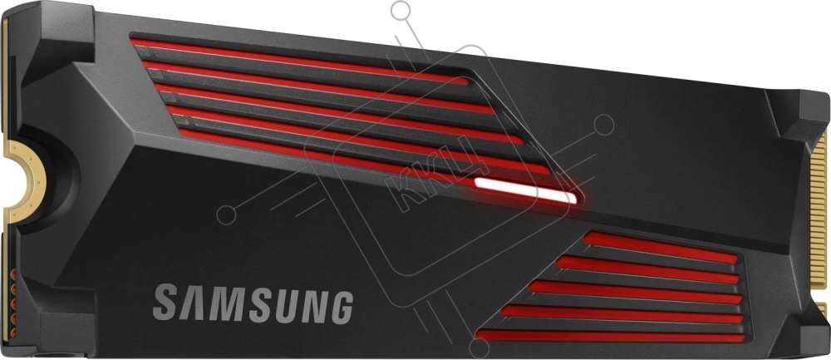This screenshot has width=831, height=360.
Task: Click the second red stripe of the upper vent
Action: point(319,86)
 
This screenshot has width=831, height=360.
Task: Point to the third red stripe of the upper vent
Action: point(339,113)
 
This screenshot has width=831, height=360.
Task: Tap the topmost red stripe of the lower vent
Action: point(661,248)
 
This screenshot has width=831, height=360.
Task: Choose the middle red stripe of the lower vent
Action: point(635,292)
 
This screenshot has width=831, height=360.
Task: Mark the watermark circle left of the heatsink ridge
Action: point(226,214)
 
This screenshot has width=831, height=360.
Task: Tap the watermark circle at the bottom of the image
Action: point(479,348)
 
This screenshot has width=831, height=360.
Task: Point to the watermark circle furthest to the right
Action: point(605,125)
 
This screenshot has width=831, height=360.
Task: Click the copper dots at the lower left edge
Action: point(13,302)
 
